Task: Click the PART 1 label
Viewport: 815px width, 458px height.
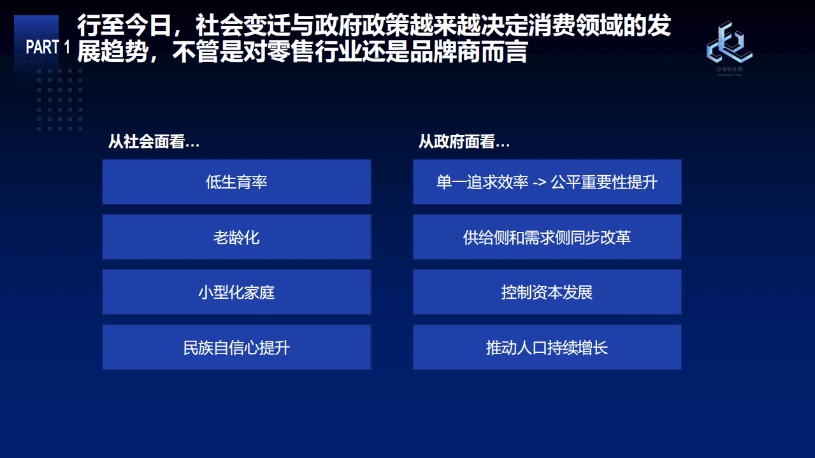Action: point(48,47)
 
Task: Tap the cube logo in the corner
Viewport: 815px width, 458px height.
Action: point(729,43)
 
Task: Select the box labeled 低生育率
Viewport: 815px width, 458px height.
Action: point(236,182)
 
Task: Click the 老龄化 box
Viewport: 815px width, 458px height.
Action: point(236,238)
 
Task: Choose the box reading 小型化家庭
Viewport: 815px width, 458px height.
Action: point(236,292)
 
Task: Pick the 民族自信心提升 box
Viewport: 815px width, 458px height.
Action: point(236,348)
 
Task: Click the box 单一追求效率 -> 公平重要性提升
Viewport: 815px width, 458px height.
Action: point(547,182)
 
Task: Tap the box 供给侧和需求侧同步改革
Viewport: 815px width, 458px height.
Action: point(547,238)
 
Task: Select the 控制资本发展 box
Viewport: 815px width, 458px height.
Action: point(547,292)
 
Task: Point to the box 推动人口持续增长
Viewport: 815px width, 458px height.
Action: point(547,348)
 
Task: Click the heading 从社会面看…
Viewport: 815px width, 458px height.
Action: point(154,142)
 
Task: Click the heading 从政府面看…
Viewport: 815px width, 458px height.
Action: point(464,142)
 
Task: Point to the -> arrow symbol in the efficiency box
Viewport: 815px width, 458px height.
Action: point(540,183)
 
